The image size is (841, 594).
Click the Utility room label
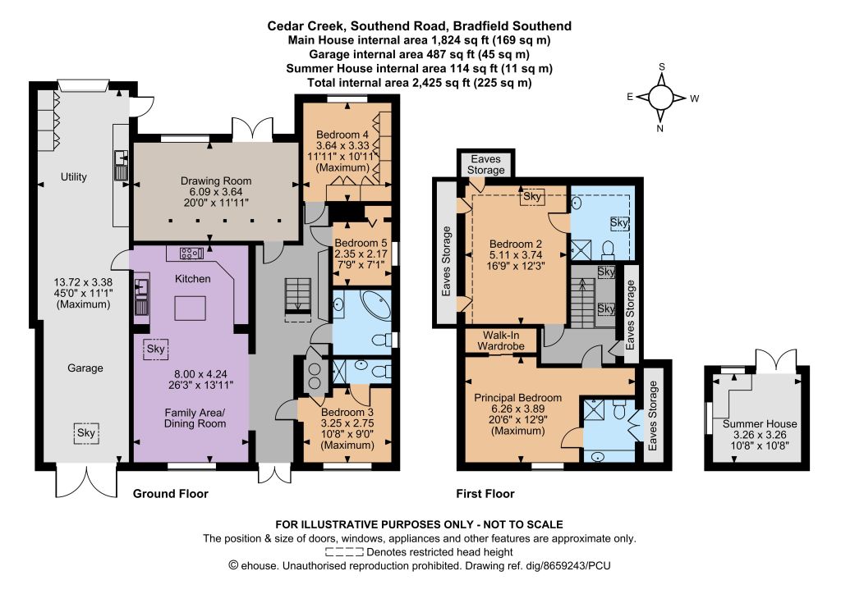[x=73, y=176]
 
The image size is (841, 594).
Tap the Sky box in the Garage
[x=85, y=432]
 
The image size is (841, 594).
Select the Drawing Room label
[x=216, y=181]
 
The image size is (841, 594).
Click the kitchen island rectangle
[x=191, y=308]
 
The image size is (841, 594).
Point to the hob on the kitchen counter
[x=191, y=253]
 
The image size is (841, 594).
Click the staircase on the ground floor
[x=297, y=295]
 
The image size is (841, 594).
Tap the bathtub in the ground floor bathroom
[x=375, y=304]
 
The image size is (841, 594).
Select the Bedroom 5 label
[x=361, y=243]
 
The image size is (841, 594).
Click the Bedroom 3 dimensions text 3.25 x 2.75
[x=347, y=423]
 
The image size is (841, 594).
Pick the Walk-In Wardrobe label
[x=501, y=340]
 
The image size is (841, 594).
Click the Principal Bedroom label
[x=517, y=398]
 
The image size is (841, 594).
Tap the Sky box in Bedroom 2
[x=532, y=197]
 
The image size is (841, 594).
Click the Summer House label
[x=760, y=423]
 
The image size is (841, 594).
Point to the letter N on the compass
[x=659, y=129]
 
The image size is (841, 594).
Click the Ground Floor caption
[x=171, y=494]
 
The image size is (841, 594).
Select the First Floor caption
[x=485, y=494]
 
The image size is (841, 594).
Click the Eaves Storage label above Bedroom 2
[x=486, y=164]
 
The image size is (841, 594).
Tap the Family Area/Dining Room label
[x=195, y=418]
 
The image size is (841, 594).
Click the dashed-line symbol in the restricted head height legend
[x=344, y=552]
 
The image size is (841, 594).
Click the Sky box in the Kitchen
[x=155, y=350]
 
